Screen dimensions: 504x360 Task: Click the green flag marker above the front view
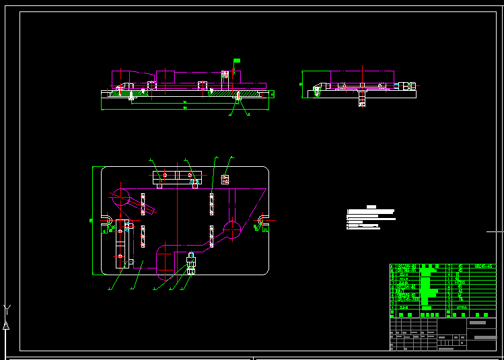pyautogui.click(x=236, y=61)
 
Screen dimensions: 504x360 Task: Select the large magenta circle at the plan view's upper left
pyautogui.click(x=122, y=197)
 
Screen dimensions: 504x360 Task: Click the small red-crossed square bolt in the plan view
pyautogui.click(x=225, y=179)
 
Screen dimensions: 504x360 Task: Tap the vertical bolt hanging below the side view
pyautogui.click(x=361, y=98)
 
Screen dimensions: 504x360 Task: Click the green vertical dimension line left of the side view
pyautogui.click(x=302, y=85)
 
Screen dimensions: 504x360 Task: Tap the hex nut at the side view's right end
pyautogui.click(x=408, y=85)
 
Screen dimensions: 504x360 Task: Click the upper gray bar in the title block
pyautogui.click(x=477, y=323)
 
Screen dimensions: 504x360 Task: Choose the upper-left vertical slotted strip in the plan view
pyautogui.click(x=143, y=204)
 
